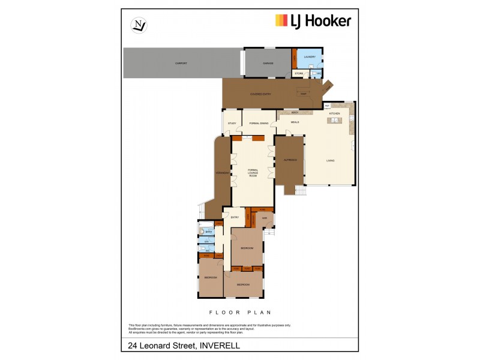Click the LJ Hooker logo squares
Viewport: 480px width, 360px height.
[x=281, y=20]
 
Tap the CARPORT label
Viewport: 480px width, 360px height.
[x=181, y=63]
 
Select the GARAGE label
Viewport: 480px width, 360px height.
[x=268, y=63]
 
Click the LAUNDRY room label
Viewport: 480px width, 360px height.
[x=310, y=57]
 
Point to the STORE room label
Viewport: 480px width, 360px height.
[x=299, y=73]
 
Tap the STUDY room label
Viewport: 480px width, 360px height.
[x=232, y=124]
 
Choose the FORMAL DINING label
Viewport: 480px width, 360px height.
[x=259, y=124]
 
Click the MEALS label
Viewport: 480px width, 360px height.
[x=295, y=122]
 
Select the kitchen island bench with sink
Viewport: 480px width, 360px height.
[x=333, y=122]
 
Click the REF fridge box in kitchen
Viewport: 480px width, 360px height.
[x=327, y=106]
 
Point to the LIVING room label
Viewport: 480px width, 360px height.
[x=330, y=161]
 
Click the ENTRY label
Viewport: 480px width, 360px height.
[x=235, y=217]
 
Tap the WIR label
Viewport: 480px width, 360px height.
[x=263, y=218]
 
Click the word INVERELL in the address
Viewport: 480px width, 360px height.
[x=220, y=346]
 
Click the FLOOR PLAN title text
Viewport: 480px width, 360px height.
[x=240, y=312]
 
